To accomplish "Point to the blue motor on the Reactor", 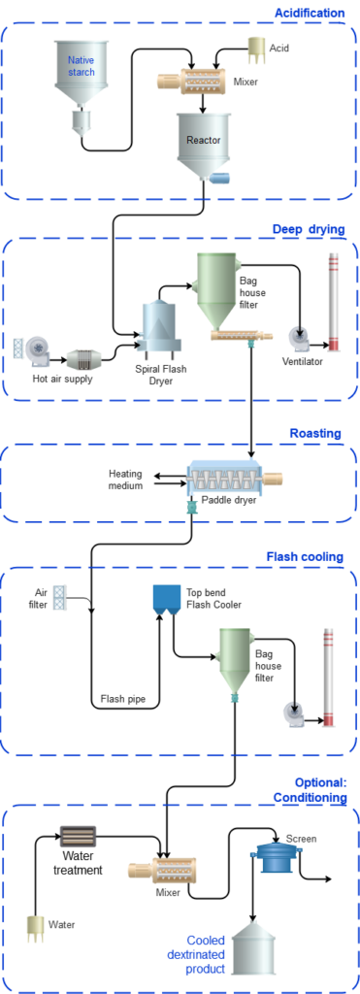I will click(x=221, y=177).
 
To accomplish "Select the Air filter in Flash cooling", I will click(x=59, y=597).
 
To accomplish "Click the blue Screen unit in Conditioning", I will click(x=275, y=855).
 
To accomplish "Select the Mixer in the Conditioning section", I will click(x=162, y=869).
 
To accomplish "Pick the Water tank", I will click(x=35, y=927).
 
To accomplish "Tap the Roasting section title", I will click(x=315, y=433).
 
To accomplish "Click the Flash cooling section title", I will click(x=304, y=556).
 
